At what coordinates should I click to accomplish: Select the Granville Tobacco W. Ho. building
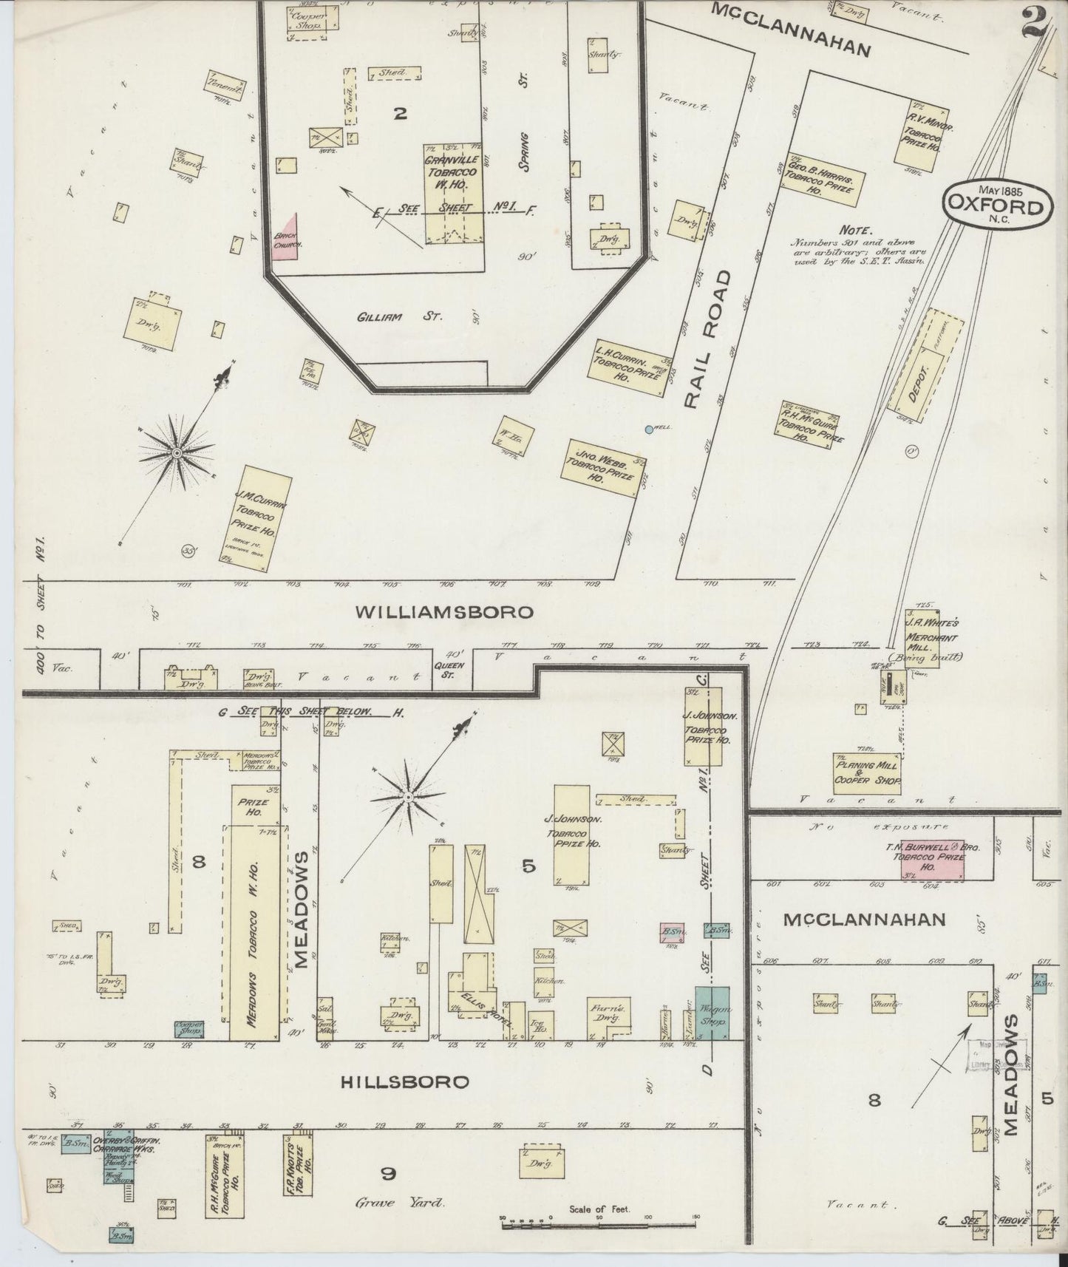pyautogui.click(x=452, y=194)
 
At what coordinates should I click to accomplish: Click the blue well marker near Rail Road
pyautogui.click(x=649, y=429)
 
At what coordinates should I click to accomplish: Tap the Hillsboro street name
pyautogui.click(x=405, y=1082)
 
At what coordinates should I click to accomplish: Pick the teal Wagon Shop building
pyautogui.click(x=712, y=1013)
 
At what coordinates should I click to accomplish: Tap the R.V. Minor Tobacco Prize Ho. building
pyautogui.click(x=922, y=134)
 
